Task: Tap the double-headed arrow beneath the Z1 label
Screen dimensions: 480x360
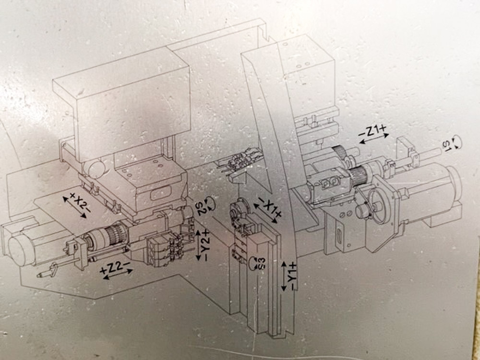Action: [x=374, y=139]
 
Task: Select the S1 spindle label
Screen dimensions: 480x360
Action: [x=447, y=145]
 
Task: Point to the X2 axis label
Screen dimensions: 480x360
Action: [x=80, y=202]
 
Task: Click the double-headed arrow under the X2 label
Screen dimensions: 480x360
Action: [x=75, y=207]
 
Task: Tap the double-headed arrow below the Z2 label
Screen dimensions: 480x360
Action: [x=118, y=274]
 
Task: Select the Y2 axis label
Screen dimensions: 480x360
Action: [x=206, y=245]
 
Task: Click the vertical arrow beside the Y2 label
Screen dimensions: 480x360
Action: [x=198, y=245]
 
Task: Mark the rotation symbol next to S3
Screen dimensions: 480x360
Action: [x=253, y=263]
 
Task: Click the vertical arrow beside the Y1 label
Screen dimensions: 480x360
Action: [x=284, y=276]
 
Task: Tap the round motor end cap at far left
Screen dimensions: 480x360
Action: [x=19, y=250]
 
